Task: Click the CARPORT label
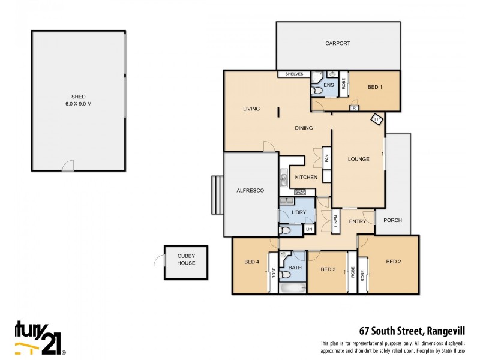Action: click(x=337, y=44)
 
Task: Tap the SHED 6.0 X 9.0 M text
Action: click(x=78, y=100)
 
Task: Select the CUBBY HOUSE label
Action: click(x=186, y=260)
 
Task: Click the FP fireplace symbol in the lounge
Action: click(x=377, y=119)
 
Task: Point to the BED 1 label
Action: click(x=375, y=88)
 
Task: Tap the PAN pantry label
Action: click(x=327, y=159)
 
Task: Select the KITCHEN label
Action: click(x=305, y=178)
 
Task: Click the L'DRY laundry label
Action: click(x=299, y=213)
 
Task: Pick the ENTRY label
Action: click(x=358, y=221)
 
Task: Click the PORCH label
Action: click(x=392, y=220)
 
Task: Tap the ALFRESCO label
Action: click(x=250, y=190)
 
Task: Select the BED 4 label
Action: click(x=252, y=262)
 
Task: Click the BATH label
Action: click(x=295, y=268)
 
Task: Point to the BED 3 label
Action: click(x=328, y=269)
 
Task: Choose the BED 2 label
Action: click(x=393, y=262)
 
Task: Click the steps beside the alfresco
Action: click(x=217, y=195)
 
